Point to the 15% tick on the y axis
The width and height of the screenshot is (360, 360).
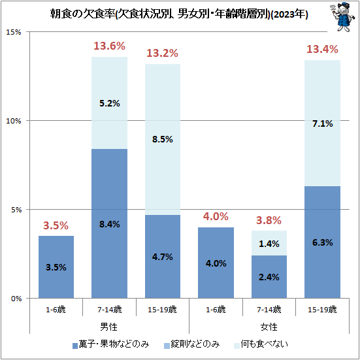click(14, 32)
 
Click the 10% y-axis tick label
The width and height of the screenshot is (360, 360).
click(14, 121)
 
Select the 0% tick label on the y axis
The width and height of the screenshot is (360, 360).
click(16, 299)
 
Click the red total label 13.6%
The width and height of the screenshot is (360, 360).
click(108, 46)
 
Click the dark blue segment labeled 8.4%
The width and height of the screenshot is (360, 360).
click(109, 223)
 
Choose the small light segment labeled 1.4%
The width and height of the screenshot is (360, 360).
click(269, 243)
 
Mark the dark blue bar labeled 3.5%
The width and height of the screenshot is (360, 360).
click(56, 267)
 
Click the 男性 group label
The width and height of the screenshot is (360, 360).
click(109, 325)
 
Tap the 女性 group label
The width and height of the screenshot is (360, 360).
click(269, 325)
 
